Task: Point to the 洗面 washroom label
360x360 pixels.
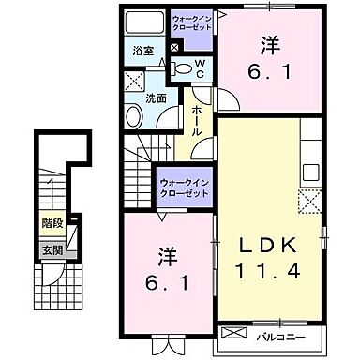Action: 156,97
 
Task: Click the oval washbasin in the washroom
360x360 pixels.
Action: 135,115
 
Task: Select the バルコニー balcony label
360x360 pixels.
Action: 285,334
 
